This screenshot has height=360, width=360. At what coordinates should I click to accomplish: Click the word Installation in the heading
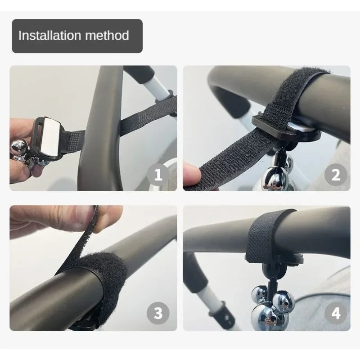tap(49, 36)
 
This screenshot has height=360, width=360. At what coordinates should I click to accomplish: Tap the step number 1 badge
tap(158, 175)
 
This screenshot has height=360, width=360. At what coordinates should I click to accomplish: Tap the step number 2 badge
tap(336, 175)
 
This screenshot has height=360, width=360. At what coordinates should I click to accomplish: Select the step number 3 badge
tap(158, 313)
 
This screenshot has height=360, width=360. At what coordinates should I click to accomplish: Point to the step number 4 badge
tap(336, 313)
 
